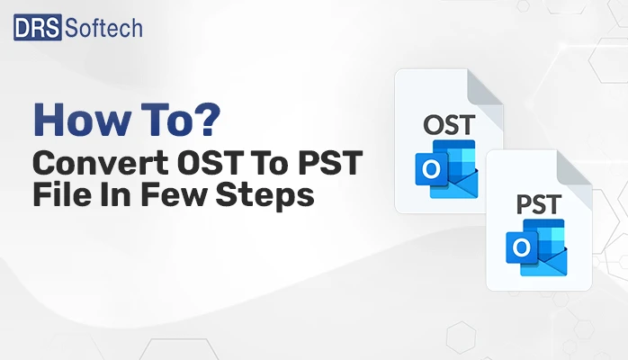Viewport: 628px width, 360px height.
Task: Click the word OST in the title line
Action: tap(202, 165)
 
